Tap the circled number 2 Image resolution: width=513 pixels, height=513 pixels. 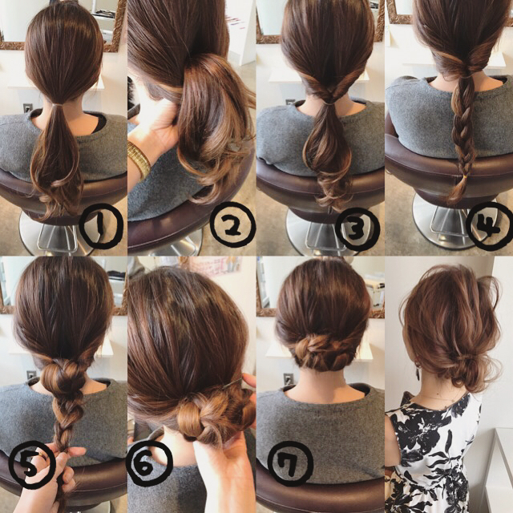click(x=232, y=224)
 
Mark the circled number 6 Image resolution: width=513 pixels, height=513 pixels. click(x=150, y=465)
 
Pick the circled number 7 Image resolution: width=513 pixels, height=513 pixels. click(x=290, y=463)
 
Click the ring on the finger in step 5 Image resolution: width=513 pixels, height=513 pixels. click(x=41, y=454)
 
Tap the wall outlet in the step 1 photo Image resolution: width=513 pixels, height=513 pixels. click(x=27, y=107)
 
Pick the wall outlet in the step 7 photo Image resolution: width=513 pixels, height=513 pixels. click(x=288, y=379)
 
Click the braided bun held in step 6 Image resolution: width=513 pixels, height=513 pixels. click(x=209, y=415)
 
